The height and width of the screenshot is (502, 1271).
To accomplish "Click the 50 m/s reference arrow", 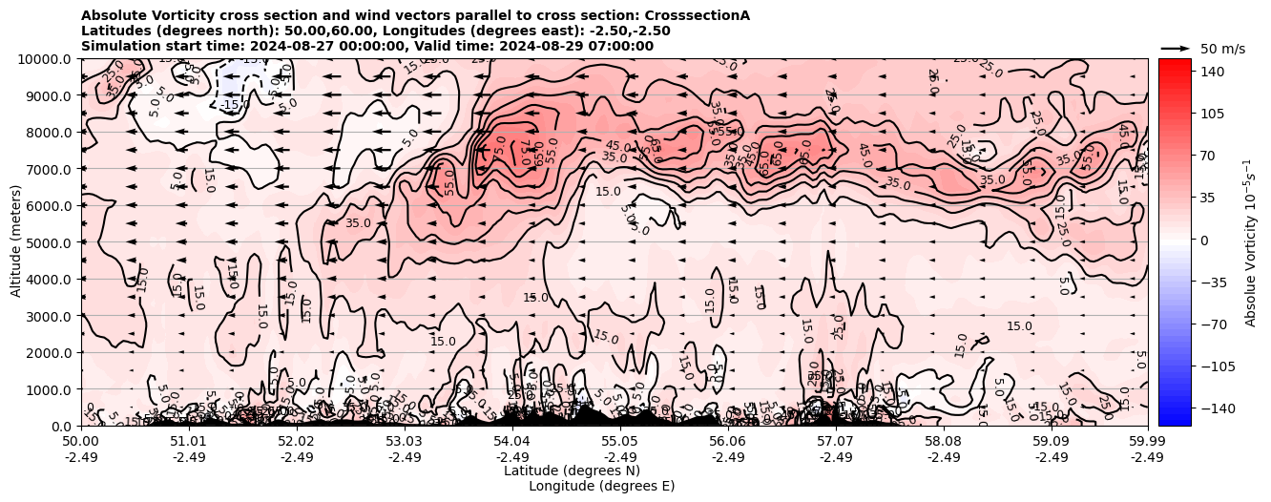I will (x=1176, y=48).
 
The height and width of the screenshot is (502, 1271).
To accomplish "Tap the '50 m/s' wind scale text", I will (x=1222, y=49).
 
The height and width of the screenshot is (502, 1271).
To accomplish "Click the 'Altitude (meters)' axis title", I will (x=16, y=242).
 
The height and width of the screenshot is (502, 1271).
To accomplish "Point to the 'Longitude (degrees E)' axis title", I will (x=601, y=486).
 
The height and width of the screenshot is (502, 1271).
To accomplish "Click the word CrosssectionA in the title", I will (x=698, y=15).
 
